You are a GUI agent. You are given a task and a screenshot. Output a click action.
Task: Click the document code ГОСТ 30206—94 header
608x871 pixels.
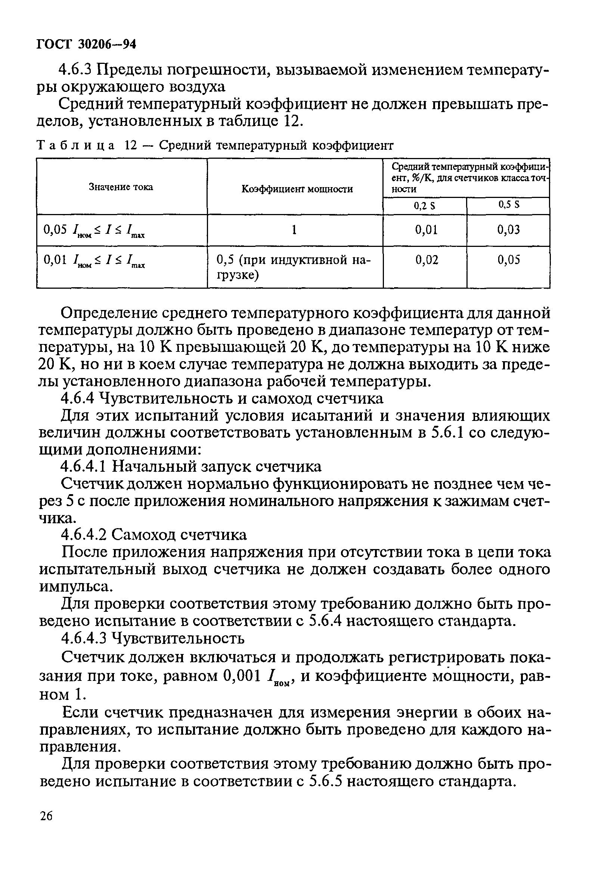coord(86,44)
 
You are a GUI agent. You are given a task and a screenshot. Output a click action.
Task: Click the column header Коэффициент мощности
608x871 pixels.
coord(297,189)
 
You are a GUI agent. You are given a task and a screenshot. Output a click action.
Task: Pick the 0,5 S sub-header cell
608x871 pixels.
coord(508,205)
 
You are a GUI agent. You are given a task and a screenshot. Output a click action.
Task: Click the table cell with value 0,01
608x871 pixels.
coord(426,229)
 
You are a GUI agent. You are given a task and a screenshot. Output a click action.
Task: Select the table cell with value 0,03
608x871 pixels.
coord(508,229)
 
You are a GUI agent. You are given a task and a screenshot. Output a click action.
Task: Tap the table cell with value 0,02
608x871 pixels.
coord(426,260)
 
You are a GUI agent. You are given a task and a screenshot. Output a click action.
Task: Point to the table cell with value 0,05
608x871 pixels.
coord(508,260)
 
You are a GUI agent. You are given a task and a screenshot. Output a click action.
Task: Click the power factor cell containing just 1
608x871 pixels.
coord(294,229)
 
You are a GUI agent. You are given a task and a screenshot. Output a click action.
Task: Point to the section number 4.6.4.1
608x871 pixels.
coord(84,466)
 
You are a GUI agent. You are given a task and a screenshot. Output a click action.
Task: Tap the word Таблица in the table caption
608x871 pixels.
coord(76,145)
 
